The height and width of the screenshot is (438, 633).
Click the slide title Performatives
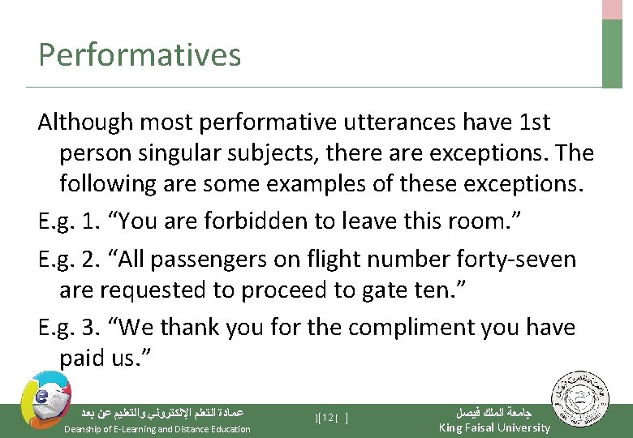140,55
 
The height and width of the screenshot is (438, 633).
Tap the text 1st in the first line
533,122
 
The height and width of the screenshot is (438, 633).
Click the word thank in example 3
190,327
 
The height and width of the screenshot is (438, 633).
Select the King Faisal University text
493,427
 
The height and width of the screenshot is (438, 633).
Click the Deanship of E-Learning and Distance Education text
157,429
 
